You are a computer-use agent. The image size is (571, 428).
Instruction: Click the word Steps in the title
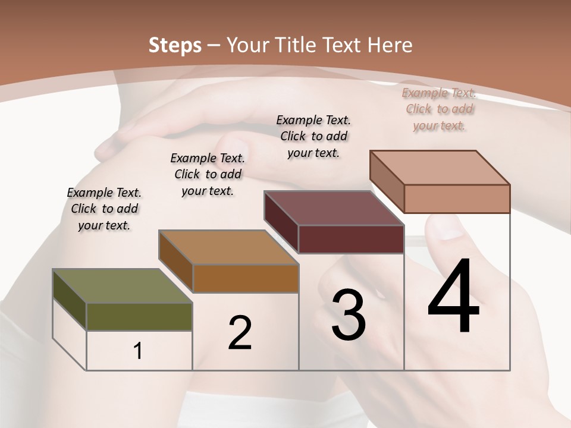click(174, 45)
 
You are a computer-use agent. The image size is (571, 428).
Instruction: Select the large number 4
click(453, 297)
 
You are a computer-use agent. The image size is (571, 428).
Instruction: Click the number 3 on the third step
click(349, 315)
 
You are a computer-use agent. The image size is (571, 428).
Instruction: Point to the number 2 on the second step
click(240, 333)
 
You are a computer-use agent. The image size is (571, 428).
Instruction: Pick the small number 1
click(138, 351)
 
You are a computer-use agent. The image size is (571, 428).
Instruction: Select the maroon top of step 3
click(333, 208)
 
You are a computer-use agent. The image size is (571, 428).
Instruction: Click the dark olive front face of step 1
click(139, 317)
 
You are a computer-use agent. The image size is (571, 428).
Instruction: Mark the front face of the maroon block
click(351, 240)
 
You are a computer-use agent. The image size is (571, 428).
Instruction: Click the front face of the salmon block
click(457, 199)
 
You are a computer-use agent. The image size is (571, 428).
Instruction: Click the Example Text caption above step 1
click(104, 209)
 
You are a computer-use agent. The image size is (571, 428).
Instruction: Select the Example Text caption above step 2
click(208, 174)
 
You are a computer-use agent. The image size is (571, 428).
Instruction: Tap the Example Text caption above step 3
click(313, 136)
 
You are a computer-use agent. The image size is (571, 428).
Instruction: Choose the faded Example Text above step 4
click(439, 109)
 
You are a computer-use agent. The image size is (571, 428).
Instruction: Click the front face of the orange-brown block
click(245, 278)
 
